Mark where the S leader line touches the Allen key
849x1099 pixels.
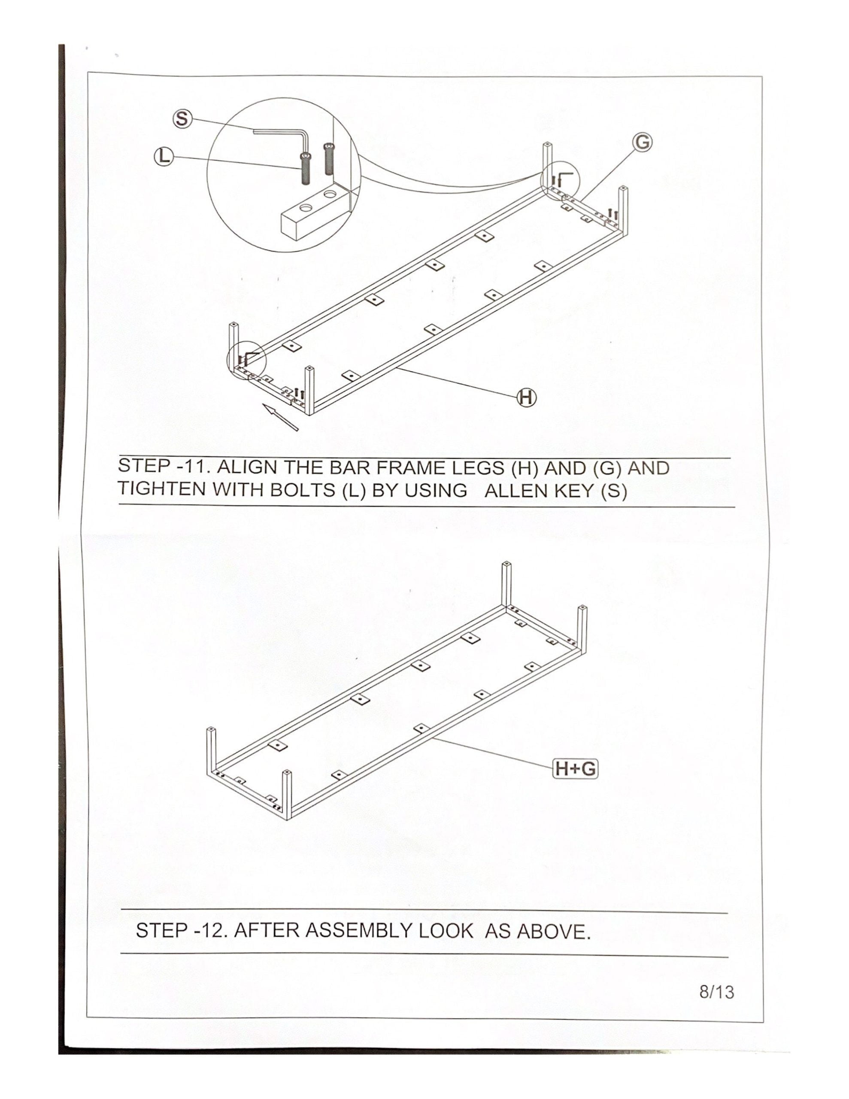tap(254, 131)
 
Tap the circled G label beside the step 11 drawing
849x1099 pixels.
tap(643, 143)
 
